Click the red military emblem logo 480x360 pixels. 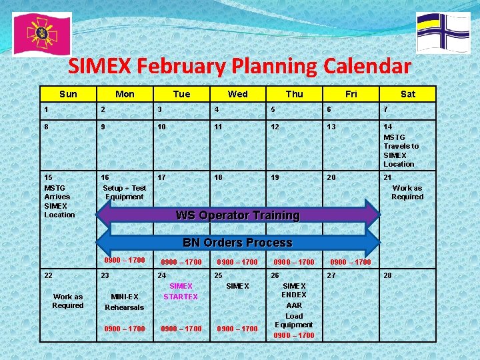click(41, 33)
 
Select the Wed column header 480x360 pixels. click(237, 94)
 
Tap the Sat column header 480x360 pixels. click(407, 94)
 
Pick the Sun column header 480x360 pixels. click(68, 94)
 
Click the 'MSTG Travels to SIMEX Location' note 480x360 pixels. click(401, 151)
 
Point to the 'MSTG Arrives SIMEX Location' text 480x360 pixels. click(59, 201)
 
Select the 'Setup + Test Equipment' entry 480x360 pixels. click(124, 192)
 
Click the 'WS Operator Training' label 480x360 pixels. click(237, 215)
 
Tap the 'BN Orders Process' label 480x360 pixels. click(237, 243)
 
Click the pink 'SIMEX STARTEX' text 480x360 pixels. click(181, 291)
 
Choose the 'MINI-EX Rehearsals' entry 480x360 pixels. click(124, 302)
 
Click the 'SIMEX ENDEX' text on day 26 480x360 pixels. click(294, 290)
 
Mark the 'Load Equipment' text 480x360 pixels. click(294, 320)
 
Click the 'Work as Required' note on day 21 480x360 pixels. click(407, 192)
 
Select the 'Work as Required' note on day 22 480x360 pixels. click(68, 301)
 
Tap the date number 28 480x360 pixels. click(388, 275)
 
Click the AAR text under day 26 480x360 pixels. click(294, 305)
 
